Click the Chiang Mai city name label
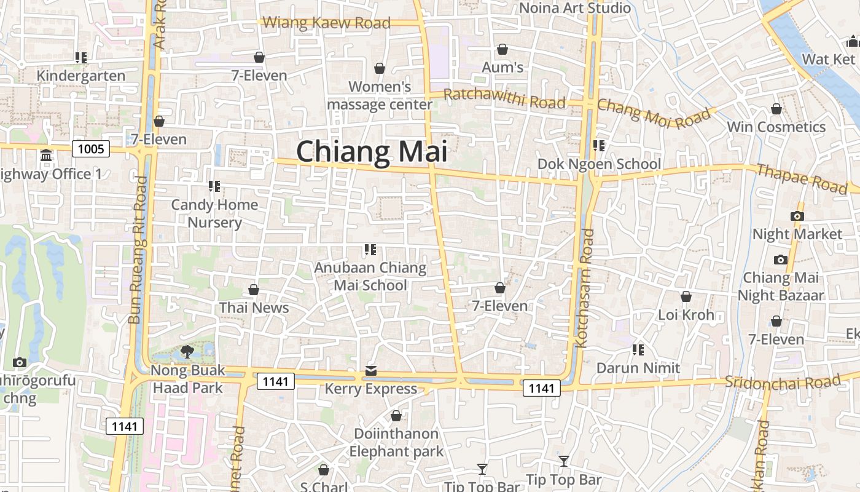372,151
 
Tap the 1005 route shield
91,148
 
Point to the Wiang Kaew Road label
326,23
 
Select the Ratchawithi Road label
504,98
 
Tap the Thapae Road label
801,178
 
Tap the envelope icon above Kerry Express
371,371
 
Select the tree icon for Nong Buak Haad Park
187,352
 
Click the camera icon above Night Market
797,216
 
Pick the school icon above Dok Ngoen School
599,146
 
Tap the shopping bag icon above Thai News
254,290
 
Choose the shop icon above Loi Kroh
686,297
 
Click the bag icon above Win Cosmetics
776,109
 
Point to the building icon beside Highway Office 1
46,156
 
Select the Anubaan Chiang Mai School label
370,276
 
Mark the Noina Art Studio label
575,8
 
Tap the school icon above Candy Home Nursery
214,186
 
